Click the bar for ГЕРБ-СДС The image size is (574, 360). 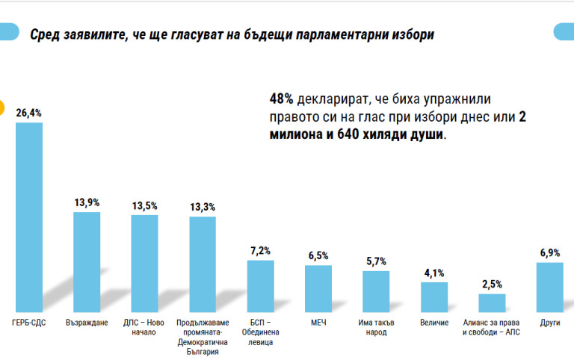pyautogui.click(x=29, y=217)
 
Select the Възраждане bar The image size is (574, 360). pyautogui.click(x=87, y=261)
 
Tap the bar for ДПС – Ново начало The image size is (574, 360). pyautogui.click(x=144, y=263)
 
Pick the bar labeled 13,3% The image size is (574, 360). pyautogui.click(x=202, y=264)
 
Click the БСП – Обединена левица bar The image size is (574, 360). pyautogui.click(x=260, y=285)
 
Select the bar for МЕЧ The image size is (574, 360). pyautogui.click(x=318, y=288)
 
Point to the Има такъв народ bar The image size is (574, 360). pyautogui.click(x=376, y=291)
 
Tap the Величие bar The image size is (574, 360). pyautogui.click(x=433, y=297)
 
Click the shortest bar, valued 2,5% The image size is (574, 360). pyautogui.click(x=492, y=302)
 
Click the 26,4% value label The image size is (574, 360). pyautogui.click(x=29, y=114)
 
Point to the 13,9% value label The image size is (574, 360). pyautogui.click(x=87, y=202)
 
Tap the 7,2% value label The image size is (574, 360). pyautogui.click(x=260, y=250)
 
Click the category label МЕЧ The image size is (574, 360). pyautogui.click(x=318, y=323)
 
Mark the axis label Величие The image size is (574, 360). pyautogui.click(x=433, y=323)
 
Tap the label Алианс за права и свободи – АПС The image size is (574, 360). pyautogui.click(x=492, y=327)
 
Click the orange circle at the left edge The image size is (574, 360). pyautogui.click(x=2, y=108)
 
